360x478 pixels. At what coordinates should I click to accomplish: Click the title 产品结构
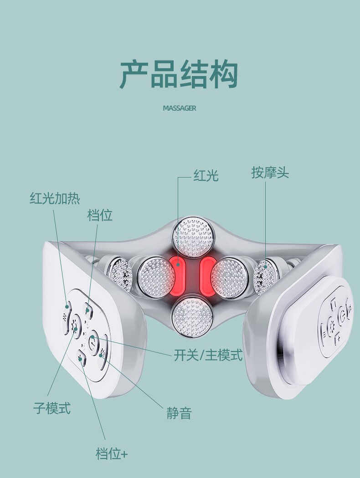[x=179, y=74]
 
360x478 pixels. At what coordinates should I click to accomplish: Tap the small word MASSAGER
[x=180, y=108]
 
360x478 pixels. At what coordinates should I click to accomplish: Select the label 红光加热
[x=55, y=198]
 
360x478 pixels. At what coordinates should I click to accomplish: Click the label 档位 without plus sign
[x=100, y=215]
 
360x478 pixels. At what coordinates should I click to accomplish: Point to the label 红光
[x=206, y=176]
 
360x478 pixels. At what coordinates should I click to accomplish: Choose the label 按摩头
[x=270, y=173]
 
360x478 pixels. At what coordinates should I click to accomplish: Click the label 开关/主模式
[x=208, y=355]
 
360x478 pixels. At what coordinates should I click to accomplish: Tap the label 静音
[x=179, y=413]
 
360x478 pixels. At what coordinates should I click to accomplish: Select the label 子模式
[x=52, y=408]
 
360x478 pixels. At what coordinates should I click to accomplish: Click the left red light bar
[x=177, y=276]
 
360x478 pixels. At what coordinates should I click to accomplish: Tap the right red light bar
[x=208, y=276]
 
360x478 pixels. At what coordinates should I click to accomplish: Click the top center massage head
[x=193, y=237]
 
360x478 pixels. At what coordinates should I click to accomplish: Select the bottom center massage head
[x=192, y=316]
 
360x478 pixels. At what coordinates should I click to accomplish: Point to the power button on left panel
[x=93, y=339]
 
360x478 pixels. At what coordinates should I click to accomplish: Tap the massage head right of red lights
[x=229, y=278]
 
